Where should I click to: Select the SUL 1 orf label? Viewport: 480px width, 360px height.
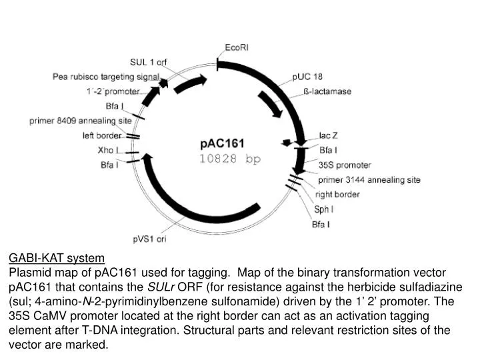click(x=149, y=62)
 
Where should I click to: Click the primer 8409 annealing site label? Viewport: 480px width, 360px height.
click(x=81, y=121)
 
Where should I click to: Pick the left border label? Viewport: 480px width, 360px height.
click(x=102, y=135)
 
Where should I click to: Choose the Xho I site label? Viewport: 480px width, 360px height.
click(x=108, y=150)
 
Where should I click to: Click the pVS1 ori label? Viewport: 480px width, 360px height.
click(x=149, y=239)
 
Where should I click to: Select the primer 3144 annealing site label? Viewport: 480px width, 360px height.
click(x=369, y=179)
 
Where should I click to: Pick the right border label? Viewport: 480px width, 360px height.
click(x=337, y=195)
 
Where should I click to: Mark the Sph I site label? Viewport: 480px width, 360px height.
click(x=324, y=209)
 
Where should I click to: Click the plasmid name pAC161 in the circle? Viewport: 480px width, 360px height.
click(x=223, y=143)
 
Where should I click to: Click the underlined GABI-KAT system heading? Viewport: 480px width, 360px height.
click(x=56, y=258)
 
